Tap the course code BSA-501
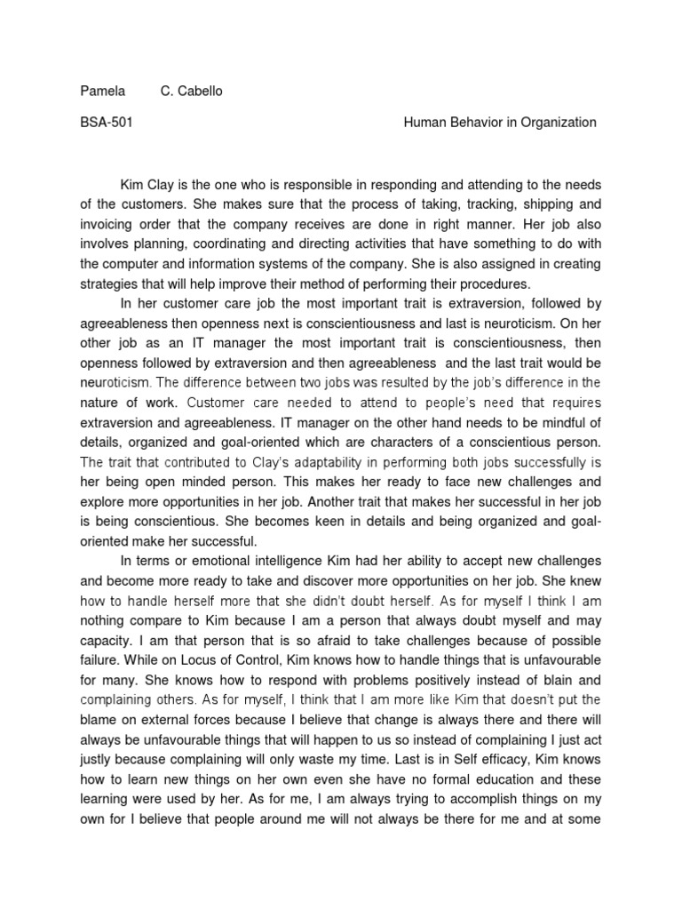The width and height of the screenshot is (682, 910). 107,123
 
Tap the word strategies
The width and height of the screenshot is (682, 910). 111,283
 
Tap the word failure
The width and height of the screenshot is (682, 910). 100,659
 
